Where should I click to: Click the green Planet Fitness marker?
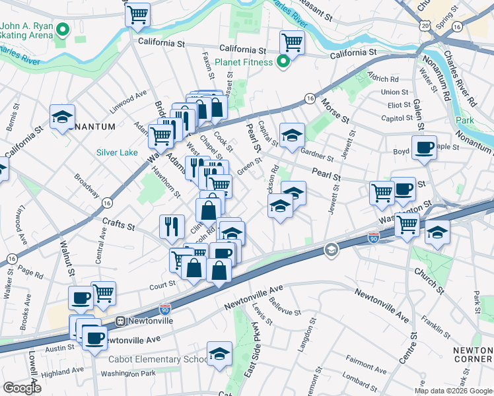283,62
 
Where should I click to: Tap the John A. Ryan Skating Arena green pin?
63,30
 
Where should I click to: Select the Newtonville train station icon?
121,321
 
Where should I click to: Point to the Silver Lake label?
117,152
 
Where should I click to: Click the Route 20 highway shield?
424,24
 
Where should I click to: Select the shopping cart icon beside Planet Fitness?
291,42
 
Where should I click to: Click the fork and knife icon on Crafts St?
172,226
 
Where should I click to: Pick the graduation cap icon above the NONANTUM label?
62,117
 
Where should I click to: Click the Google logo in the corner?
22,388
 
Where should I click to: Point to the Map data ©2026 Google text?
453,390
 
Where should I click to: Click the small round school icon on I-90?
331,249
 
